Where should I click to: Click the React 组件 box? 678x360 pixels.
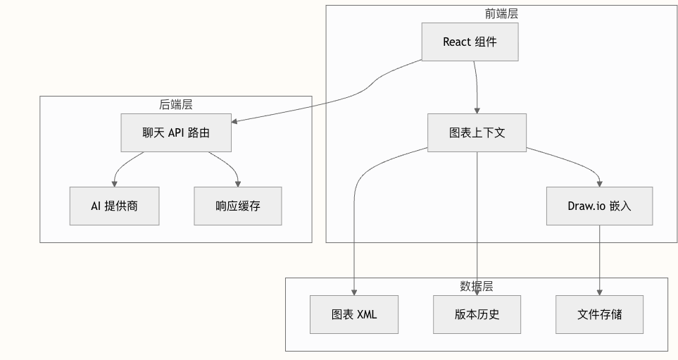tap(470, 42)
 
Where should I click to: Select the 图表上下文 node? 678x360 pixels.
tap(477, 132)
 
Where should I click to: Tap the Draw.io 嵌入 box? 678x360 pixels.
tap(599, 206)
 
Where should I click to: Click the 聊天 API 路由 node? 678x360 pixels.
tap(175, 132)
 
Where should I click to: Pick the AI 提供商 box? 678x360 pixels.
tap(114, 206)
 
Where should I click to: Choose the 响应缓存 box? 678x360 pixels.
tap(238, 206)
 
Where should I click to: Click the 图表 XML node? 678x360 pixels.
tap(354, 314)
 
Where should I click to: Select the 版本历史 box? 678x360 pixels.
tap(477, 314)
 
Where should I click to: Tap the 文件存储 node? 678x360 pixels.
tap(599, 314)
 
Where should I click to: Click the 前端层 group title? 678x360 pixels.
tap(502, 13)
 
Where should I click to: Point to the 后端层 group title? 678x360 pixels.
tap(175, 104)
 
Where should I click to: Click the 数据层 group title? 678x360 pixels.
tap(476, 286)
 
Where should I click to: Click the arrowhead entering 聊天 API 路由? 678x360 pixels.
tap(235, 121)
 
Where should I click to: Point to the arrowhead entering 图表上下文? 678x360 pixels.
tap(477, 110)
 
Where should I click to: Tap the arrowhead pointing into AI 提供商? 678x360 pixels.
tap(114, 183)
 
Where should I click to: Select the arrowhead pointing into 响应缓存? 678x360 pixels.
tap(238, 183)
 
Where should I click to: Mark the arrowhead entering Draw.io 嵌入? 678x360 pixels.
tap(599, 183)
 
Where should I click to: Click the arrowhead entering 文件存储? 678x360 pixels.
tap(599, 292)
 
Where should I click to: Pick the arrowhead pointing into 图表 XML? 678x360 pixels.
tap(354, 292)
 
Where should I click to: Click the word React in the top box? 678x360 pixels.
tap(456, 42)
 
